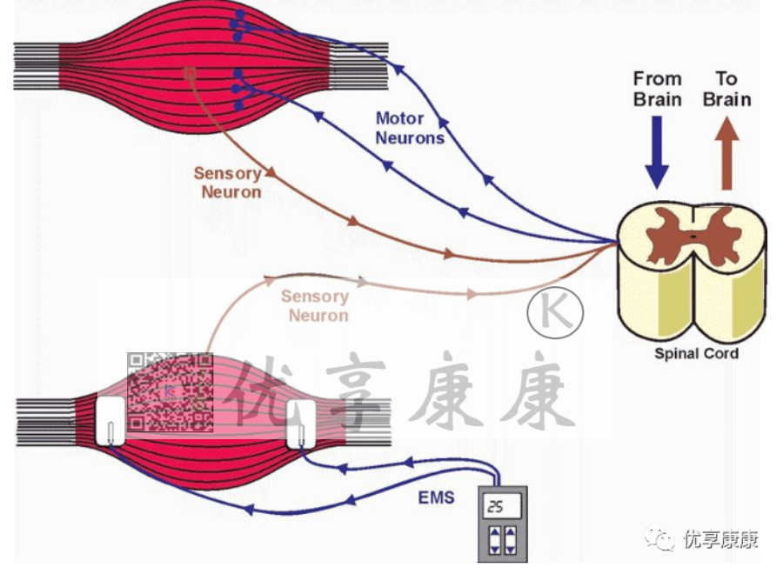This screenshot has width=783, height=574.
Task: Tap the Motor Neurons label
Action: (409, 128)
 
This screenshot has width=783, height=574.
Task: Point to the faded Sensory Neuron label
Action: (316, 305)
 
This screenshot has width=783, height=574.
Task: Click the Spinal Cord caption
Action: (696, 354)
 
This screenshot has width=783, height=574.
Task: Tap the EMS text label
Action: (437, 499)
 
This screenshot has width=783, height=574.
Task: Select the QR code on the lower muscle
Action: (170, 392)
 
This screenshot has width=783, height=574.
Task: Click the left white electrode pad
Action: (111, 421)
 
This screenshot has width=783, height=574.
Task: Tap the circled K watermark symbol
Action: (554, 310)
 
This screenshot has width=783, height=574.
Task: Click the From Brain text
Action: (657, 89)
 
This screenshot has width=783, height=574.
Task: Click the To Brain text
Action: (726, 89)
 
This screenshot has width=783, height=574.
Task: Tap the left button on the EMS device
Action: (494, 539)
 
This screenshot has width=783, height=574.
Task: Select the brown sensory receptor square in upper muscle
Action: (191, 73)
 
